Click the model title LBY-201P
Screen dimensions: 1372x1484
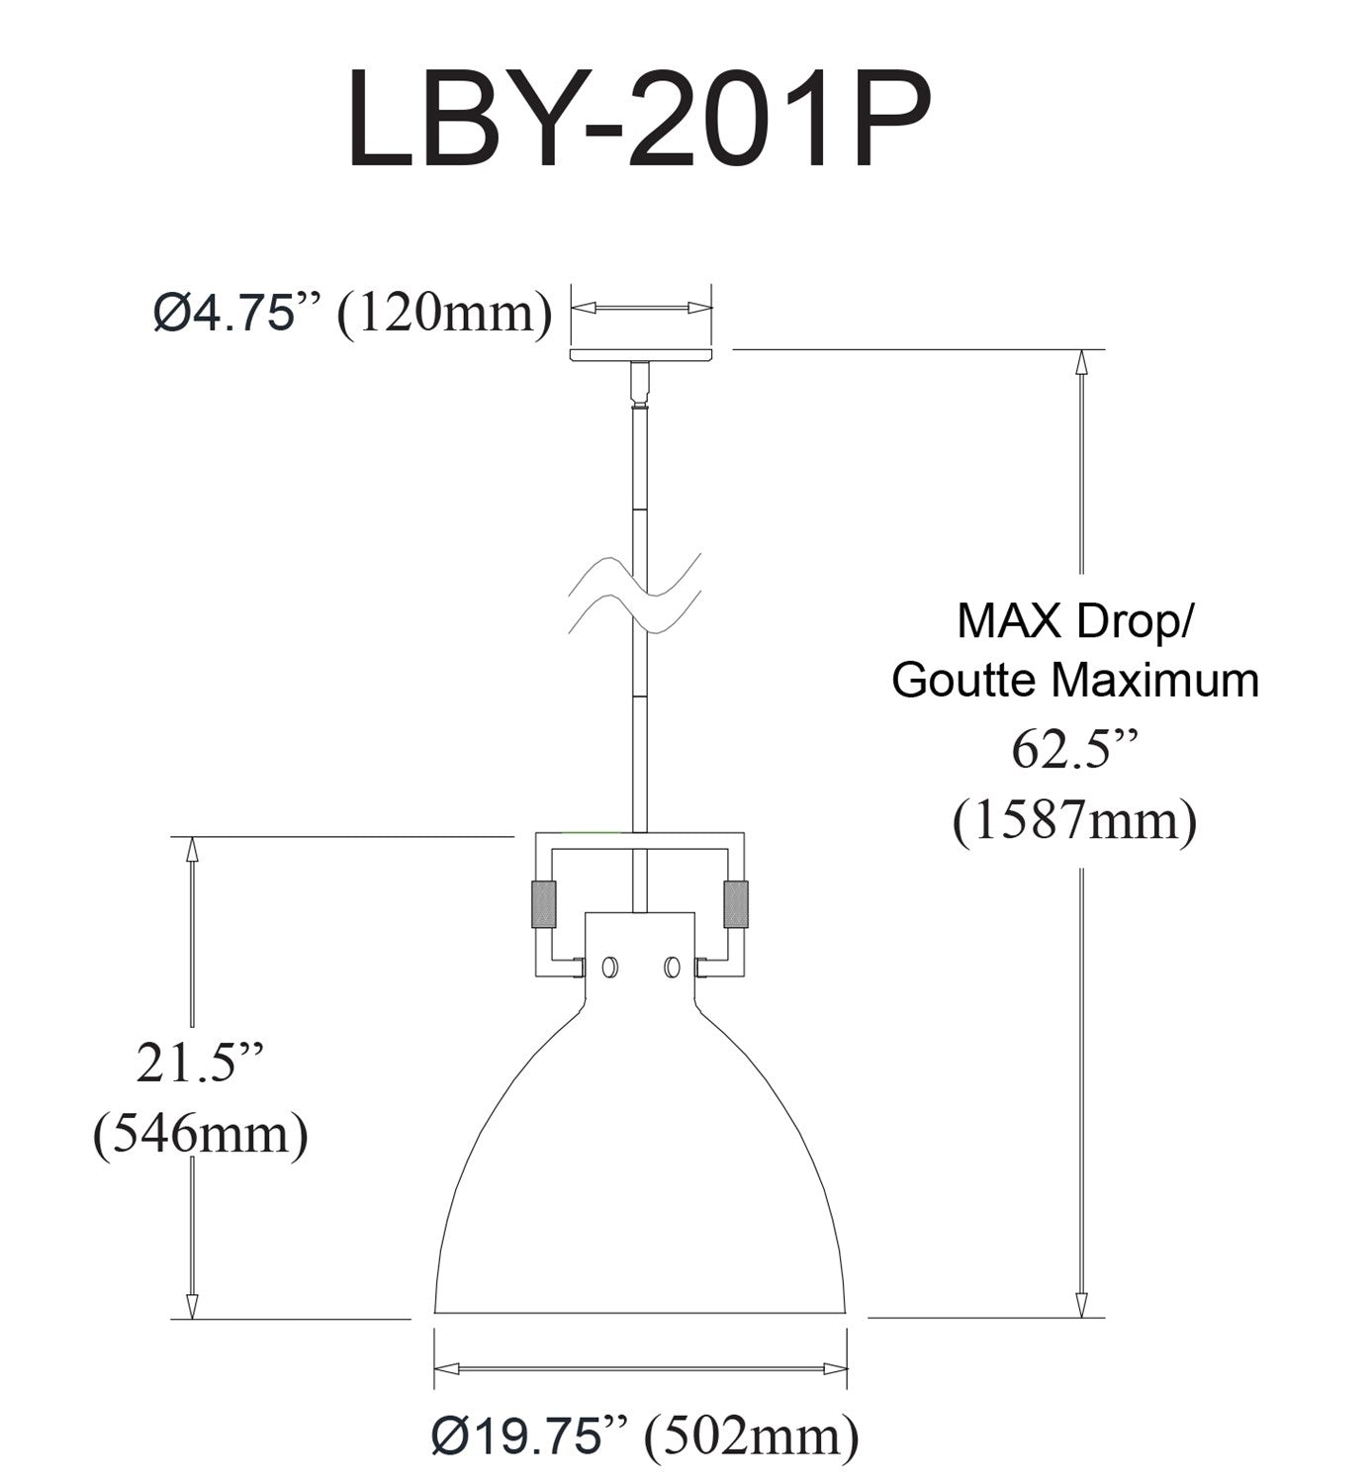point(639,121)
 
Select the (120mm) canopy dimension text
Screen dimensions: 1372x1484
point(445,315)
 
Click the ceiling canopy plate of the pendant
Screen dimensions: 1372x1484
point(640,354)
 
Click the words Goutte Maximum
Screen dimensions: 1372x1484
point(1075,680)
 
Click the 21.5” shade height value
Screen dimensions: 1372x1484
point(200,1065)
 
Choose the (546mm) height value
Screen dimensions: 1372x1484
point(200,1135)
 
